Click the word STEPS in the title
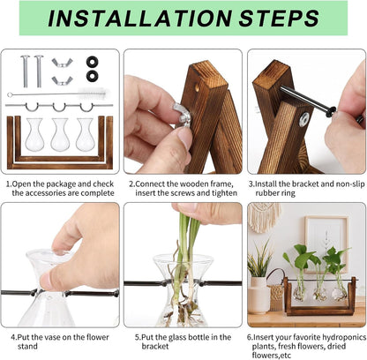coord(280,19)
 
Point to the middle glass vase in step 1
coord(60,134)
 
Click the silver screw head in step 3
coord(303,118)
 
